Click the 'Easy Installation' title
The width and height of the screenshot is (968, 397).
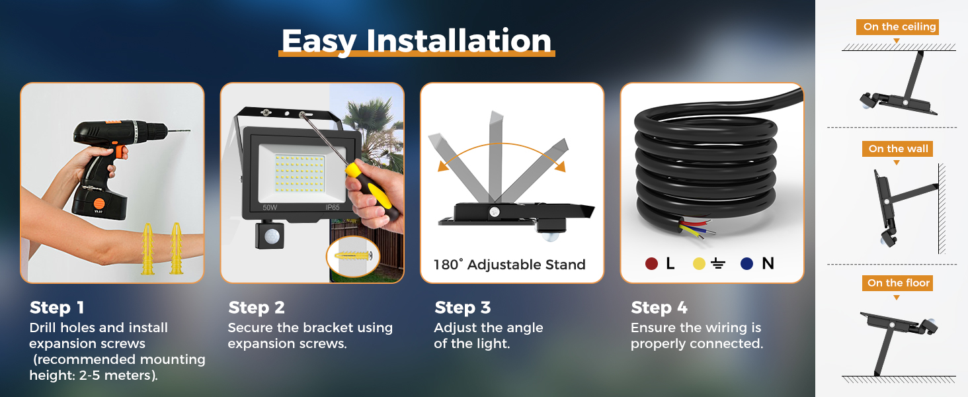click(417, 40)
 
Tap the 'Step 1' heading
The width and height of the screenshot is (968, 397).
click(57, 308)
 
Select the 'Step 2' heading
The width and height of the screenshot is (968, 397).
click(257, 308)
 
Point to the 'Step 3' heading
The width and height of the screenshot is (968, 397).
click(463, 308)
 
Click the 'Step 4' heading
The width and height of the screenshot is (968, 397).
click(659, 308)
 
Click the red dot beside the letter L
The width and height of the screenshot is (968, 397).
click(651, 264)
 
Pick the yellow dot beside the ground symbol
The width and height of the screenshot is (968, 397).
click(699, 264)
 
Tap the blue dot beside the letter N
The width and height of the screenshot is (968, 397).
click(746, 264)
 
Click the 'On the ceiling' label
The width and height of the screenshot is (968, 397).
click(899, 27)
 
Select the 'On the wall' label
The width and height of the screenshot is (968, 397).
click(899, 149)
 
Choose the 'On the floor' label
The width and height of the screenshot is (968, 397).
click(899, 283)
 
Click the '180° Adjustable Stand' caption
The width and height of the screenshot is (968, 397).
click(509, 265)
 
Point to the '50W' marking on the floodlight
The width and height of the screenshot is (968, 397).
click(269, 207)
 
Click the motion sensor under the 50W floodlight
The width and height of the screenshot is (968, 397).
click(268, 236)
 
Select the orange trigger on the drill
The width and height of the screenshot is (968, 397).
click(121, 152)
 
